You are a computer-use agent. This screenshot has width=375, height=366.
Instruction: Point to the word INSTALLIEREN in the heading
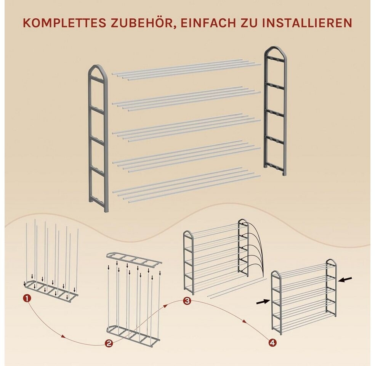(307, 23)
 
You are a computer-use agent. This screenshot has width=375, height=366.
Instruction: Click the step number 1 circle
(27, 299)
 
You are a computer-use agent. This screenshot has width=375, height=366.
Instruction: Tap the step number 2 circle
(109, 344)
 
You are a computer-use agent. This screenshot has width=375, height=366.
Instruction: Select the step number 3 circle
(187, 301)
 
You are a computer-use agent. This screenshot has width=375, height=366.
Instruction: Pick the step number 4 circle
(272, 343)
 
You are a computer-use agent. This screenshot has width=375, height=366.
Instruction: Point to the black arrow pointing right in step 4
(263, 302)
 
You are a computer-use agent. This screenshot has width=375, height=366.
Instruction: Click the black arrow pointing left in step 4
(345, 279)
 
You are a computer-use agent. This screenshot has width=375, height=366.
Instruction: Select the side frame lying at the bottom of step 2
(133, 333)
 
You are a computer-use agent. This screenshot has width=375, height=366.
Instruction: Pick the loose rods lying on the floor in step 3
(237, 288)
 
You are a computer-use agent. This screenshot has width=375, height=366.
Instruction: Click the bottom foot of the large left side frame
(106, 209)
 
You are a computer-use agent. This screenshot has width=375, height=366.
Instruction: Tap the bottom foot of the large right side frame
(284, 173)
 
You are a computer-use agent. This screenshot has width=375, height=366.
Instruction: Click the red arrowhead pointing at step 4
(244, 321)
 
